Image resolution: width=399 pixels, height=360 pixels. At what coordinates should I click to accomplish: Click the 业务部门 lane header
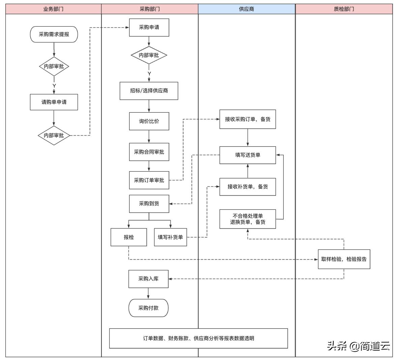[54, 9]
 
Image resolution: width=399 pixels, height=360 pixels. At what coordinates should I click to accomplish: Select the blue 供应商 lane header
[247, 9]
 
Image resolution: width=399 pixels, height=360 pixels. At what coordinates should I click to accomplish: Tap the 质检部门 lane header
[344, 9]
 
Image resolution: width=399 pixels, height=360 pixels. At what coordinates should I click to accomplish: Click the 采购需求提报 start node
[54, 34]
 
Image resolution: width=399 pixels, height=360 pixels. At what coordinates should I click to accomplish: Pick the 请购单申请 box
[54, 102]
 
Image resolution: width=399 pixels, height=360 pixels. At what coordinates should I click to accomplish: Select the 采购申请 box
[149, 27]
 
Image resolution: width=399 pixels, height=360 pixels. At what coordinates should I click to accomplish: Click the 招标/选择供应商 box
[149, 91]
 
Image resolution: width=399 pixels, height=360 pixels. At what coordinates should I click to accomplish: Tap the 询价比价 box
[149, 121]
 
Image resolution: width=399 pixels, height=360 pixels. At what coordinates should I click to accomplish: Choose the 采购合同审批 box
[149, 152]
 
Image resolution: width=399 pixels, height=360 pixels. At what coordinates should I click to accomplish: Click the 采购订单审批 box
[149, 180]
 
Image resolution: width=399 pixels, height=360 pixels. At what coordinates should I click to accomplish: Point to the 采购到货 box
[149, 204]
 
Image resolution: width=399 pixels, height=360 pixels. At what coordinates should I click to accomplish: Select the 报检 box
[129, 237]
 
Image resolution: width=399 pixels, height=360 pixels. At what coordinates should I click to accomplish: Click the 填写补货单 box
[170, 237]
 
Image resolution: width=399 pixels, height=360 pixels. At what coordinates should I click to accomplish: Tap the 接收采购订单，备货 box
[248, 119]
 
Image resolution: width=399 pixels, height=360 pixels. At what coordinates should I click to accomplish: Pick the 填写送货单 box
[248, 155]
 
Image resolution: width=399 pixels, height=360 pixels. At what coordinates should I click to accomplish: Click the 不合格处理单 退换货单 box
[248, 219]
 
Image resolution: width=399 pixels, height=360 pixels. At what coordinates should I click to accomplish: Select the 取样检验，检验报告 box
[344, 259]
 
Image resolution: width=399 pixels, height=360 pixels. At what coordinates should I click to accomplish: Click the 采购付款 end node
[148, 308]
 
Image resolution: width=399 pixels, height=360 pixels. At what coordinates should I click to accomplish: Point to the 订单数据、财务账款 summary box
[198, 338]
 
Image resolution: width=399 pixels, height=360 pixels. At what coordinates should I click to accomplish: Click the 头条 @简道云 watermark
[358, 346]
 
